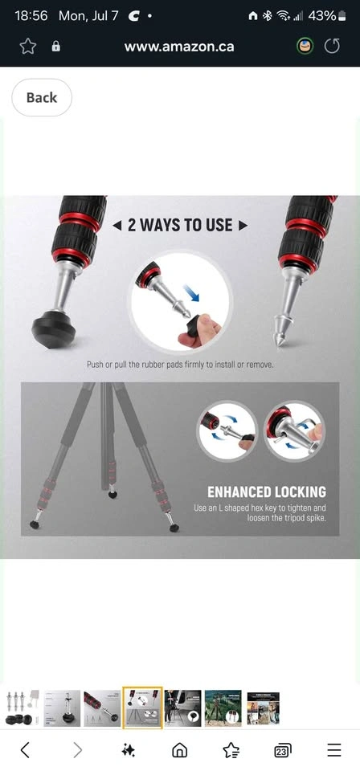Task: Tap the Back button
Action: click(x=42, y=97)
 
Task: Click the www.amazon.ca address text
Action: click(x=179, y=47)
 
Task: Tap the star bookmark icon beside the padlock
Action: click(x=27, y=47)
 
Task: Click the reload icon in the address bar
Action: click(x=332, y=47)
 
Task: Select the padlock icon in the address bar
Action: click(x=56, y=47)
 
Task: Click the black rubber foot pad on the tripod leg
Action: click(x=54, y=329)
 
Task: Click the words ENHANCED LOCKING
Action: click(x=267, y=492)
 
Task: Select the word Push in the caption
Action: click(x=96, y=365)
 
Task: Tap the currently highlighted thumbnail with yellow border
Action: click(x=142, y=708)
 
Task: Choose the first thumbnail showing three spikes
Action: click(x=22, y=708)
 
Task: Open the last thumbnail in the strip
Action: click(x=263, y=708)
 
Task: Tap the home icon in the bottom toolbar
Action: click(x=179, y=750)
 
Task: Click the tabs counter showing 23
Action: click(x=281, y=750)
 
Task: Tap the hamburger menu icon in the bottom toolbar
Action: click(x=334, y=750)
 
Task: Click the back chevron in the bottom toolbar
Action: click(x=25, y=750)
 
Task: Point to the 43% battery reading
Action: click(x=322, y=16)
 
